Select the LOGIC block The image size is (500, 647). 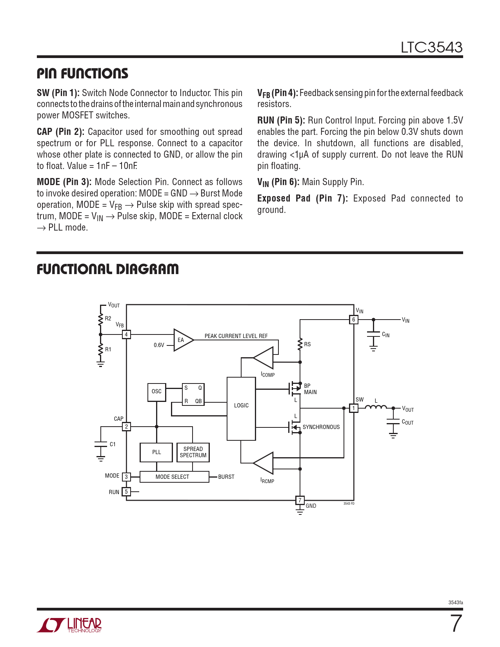tap(241, 409)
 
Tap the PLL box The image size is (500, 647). tap(156, 453)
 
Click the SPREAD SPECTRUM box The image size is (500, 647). tap(193, 453)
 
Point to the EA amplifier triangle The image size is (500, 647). tap(182, 340)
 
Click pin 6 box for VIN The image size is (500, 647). tap(353, 320)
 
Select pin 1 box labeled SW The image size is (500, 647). tap(353, 408)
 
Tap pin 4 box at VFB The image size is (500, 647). tap(126, 334)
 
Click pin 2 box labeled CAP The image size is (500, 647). tap(126, 427)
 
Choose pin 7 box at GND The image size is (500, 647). tap(300, 500)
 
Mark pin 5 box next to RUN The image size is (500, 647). tap(126, 492)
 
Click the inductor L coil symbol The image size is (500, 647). tap(376, 407)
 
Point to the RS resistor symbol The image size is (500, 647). tap(300, 344)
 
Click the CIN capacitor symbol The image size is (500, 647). tap(373, 334)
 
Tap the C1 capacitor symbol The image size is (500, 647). tap(101, 444)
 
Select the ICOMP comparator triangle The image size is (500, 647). tap(265, 358)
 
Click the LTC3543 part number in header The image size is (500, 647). tap(431, 47)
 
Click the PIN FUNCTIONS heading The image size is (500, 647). tap(82, 73)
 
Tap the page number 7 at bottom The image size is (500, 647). tap(456, 623)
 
